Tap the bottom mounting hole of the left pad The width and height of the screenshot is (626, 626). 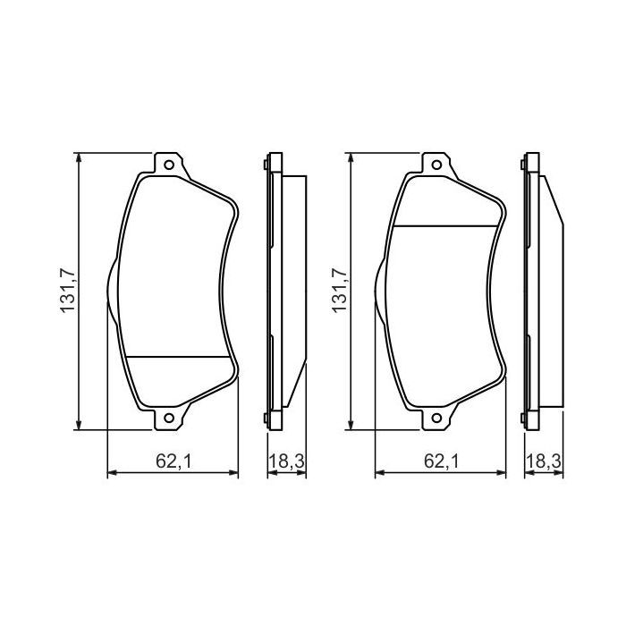pyautogui.click(x=167, y=418)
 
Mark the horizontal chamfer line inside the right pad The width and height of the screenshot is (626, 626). pyautogui.click(x=445, y=224)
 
